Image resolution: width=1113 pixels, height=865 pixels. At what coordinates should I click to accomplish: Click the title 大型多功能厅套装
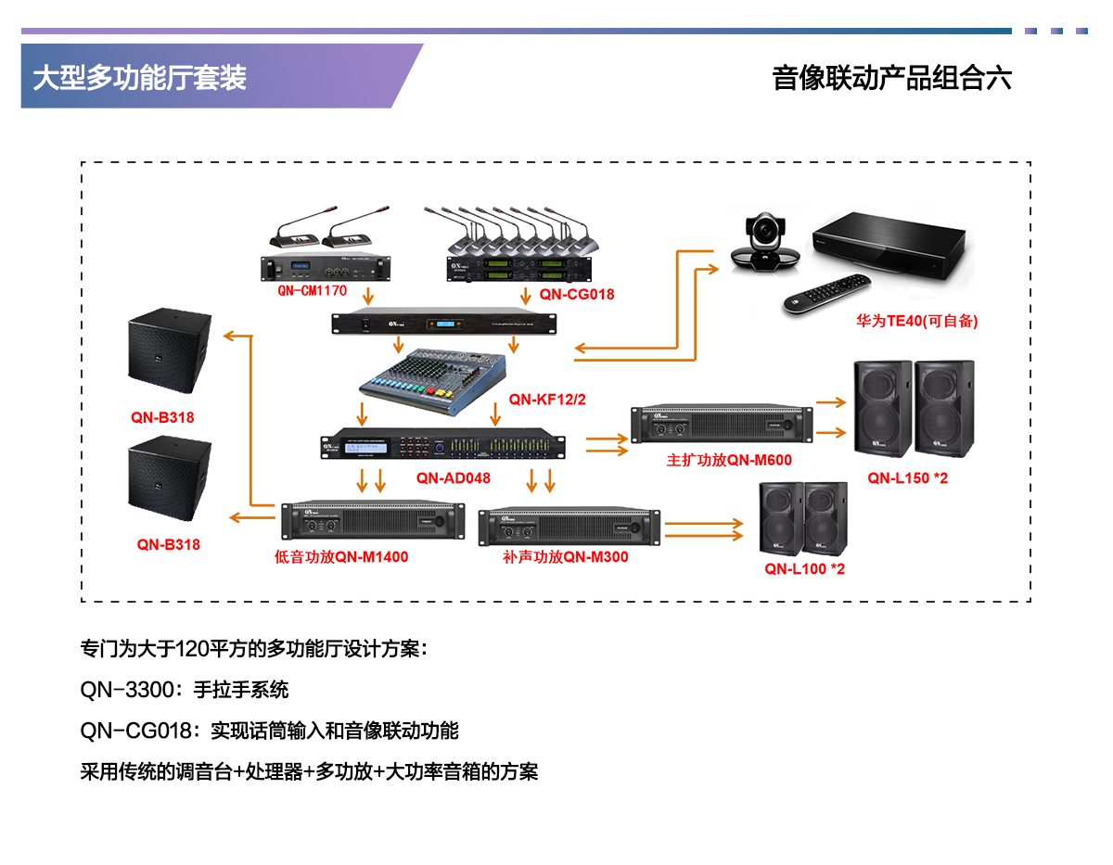click(x=140, y=78)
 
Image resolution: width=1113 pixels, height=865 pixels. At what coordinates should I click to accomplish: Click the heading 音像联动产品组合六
click(x=891, y=78)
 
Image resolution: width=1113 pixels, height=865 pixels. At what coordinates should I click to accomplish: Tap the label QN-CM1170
click(x=312, y=290)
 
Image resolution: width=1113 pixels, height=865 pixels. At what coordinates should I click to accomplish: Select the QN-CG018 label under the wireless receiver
click(x=577, y=295)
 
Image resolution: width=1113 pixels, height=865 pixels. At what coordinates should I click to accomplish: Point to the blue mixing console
click(x=433, y=380)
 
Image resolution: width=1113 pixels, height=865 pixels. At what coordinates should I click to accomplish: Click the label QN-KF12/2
click(x=548, y=400)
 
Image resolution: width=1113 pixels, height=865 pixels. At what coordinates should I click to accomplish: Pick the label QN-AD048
click(x=453, y=478)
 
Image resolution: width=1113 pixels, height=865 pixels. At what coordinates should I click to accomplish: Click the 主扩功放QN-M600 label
click(x=729, y=460)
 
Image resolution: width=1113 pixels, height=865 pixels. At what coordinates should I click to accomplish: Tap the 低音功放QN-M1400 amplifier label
click(x=341, y=557)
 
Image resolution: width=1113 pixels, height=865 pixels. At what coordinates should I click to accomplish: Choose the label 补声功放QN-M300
click(x=566, y=557)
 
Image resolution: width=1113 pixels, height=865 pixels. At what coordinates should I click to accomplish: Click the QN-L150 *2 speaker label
click(x=908, y=478)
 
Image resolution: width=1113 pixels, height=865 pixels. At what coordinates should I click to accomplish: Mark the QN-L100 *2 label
click(x=804, y=568)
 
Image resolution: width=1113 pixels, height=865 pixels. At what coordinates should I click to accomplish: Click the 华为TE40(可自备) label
click(x=916, y=322)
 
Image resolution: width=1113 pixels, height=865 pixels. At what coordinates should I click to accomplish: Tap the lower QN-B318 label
click(x=169, y=544)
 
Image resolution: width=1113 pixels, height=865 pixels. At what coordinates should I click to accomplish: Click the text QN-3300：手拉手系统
click(x=185, y=690)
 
